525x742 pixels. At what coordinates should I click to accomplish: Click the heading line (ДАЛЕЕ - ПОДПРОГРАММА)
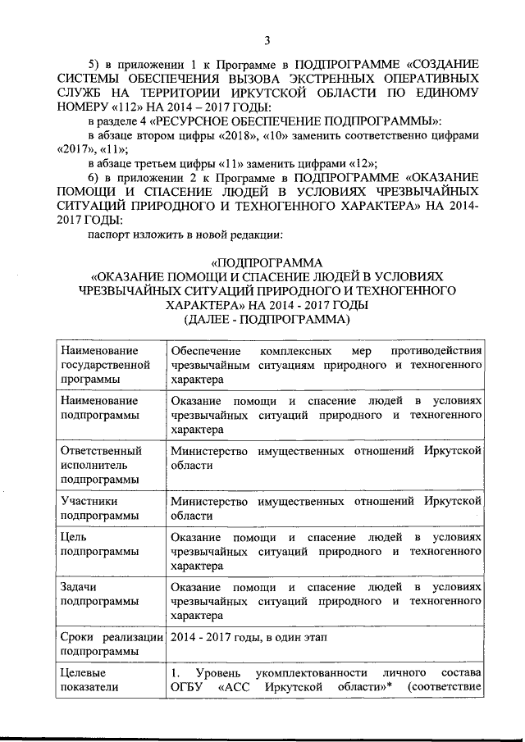(x=267, y=319)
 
